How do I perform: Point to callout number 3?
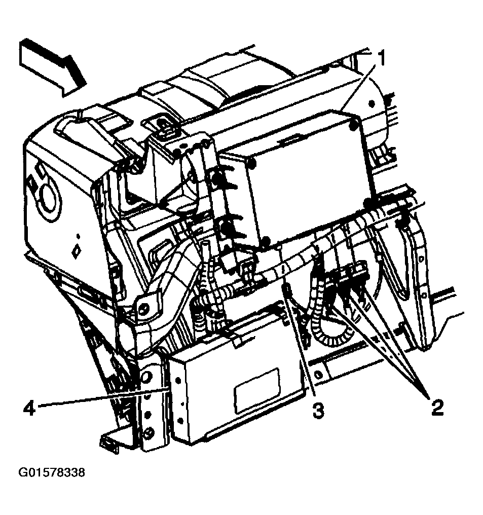[318, 410]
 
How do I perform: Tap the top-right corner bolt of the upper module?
[353, 121]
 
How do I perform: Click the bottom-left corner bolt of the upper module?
[265, 241]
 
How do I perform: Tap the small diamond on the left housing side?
[78, 251]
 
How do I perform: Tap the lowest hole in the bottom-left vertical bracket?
[148, 432]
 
